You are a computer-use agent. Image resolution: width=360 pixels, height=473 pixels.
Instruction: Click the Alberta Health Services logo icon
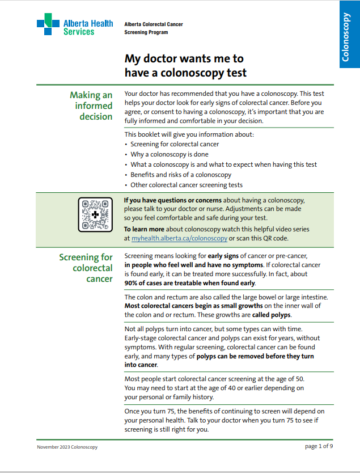click(x=48, y=24)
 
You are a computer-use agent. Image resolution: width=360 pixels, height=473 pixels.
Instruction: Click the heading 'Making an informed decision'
click(x=91, y=105)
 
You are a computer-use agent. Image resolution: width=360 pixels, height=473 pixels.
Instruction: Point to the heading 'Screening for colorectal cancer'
click(x=86, y=268)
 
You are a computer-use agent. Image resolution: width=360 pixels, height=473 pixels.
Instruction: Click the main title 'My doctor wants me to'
click(x=184, y=58)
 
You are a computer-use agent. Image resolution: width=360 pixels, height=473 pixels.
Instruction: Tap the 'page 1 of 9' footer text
click(x=319, y=446)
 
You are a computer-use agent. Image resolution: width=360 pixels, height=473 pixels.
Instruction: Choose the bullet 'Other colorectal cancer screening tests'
click(x=186, y=185)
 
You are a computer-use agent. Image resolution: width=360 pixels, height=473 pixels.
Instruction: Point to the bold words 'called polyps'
click(x=271, y=315)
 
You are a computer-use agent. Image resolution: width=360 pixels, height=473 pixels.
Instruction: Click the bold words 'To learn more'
click(x=144, y=229)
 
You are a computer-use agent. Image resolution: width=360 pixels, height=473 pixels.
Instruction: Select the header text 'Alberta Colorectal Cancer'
click(x=153, y=24)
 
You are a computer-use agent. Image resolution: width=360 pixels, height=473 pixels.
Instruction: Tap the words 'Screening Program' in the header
click(x=146, y=32)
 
